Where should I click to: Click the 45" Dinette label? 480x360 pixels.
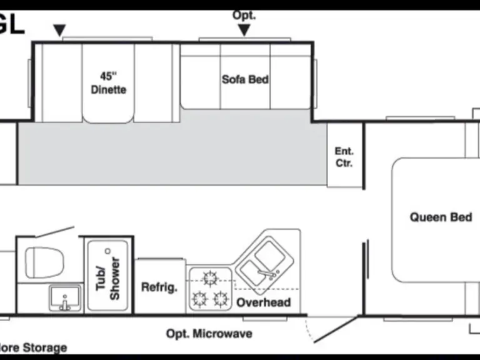point(108,82)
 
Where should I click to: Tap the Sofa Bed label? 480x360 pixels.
point(245,79)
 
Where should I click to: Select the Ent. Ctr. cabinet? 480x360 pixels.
point(344,157)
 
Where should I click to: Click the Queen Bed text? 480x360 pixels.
point(441,217)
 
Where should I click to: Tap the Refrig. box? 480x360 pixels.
point(159,287)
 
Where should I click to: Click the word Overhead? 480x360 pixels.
point(263,302)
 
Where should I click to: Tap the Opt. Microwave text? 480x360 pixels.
point(209,334)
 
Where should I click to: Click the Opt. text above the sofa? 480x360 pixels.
point(244,15)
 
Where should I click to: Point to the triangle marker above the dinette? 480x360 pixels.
point(59,29)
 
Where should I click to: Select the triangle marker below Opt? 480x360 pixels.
point(244,29)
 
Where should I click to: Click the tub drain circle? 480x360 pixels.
point(107,251)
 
